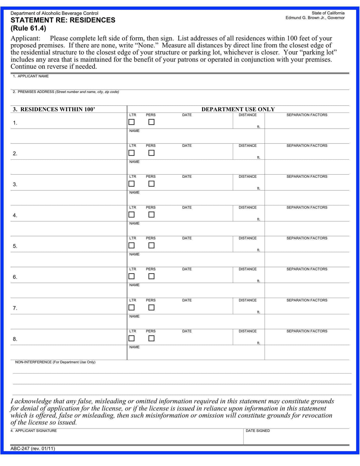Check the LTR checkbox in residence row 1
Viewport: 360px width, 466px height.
coord(131,122)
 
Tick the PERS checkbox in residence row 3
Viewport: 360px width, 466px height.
coord(151,184)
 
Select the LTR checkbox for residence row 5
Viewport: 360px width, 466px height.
coord(131,245)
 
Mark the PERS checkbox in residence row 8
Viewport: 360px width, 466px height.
coord(151,338)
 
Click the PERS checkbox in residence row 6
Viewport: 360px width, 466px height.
coord(151,276)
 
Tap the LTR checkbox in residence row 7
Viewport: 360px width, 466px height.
coord(131,308)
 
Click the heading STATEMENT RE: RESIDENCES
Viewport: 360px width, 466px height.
coord(63,20)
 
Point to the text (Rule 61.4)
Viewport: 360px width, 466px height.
coord(28,29)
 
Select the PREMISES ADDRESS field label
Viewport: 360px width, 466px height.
coord(36,92)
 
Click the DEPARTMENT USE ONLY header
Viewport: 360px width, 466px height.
coord(238,109)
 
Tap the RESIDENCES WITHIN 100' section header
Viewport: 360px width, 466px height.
coord(54,109)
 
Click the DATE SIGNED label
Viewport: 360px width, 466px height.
coord(258,431)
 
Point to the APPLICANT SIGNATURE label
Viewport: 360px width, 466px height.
coord(36,431)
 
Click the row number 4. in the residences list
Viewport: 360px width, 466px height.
coord(15,215)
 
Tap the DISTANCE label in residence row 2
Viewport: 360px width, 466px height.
coord(247,146)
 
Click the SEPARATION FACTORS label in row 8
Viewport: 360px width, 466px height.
coord(307,331)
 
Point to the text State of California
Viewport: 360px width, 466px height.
coord(328,13)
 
